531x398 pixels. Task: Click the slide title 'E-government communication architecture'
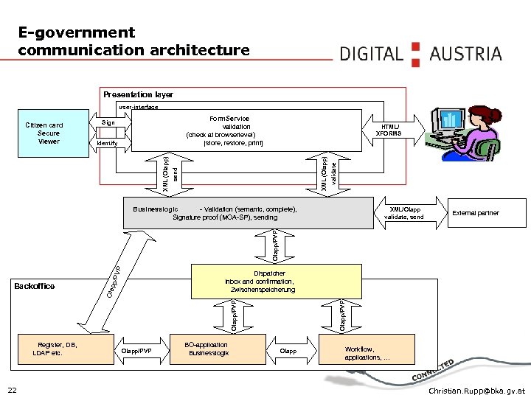133,41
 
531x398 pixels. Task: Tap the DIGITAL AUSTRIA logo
420,53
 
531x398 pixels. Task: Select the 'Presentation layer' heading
138,94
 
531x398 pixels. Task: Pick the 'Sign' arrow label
108,122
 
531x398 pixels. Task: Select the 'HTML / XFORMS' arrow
389,130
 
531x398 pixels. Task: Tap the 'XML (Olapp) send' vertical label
170,174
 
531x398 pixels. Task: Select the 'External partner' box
475,213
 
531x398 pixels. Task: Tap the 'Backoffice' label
34,286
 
